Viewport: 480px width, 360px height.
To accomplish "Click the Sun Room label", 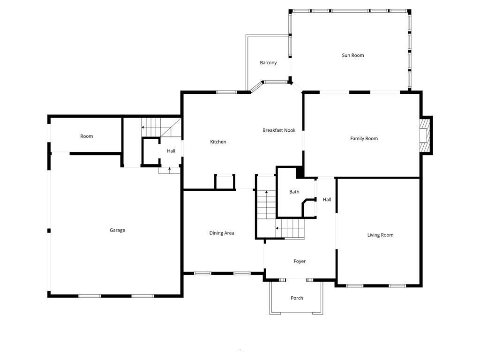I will [x=352, y=55].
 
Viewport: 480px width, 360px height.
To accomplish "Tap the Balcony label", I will [x=268, y=63].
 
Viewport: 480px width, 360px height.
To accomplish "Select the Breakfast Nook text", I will [x=279, y=130].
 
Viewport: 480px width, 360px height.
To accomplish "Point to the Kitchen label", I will [x=218, y=142].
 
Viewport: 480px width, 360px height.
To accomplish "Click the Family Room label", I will [x=364, y=139].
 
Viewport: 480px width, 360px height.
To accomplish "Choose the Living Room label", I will [x=380, y=235].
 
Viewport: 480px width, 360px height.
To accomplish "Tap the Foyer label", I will [x=300, y=262].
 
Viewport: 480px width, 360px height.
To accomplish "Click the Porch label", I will [x=297, y=298].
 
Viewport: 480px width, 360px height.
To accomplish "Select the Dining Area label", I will [x=222, y=233].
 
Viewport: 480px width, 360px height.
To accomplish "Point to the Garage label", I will [x=117, y=231].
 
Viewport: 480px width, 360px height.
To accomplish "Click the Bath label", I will [x=294, y=192].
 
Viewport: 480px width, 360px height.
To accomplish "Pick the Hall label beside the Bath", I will [x=327, y=200].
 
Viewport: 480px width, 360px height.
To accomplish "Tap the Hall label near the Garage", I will [x=171, y=151].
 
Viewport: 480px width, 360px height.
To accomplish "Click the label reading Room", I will [x=87, y=136].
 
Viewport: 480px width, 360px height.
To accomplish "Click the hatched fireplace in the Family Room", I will [x=424, y=135].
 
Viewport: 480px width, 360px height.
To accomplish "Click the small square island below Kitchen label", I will [x=225, y=182].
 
